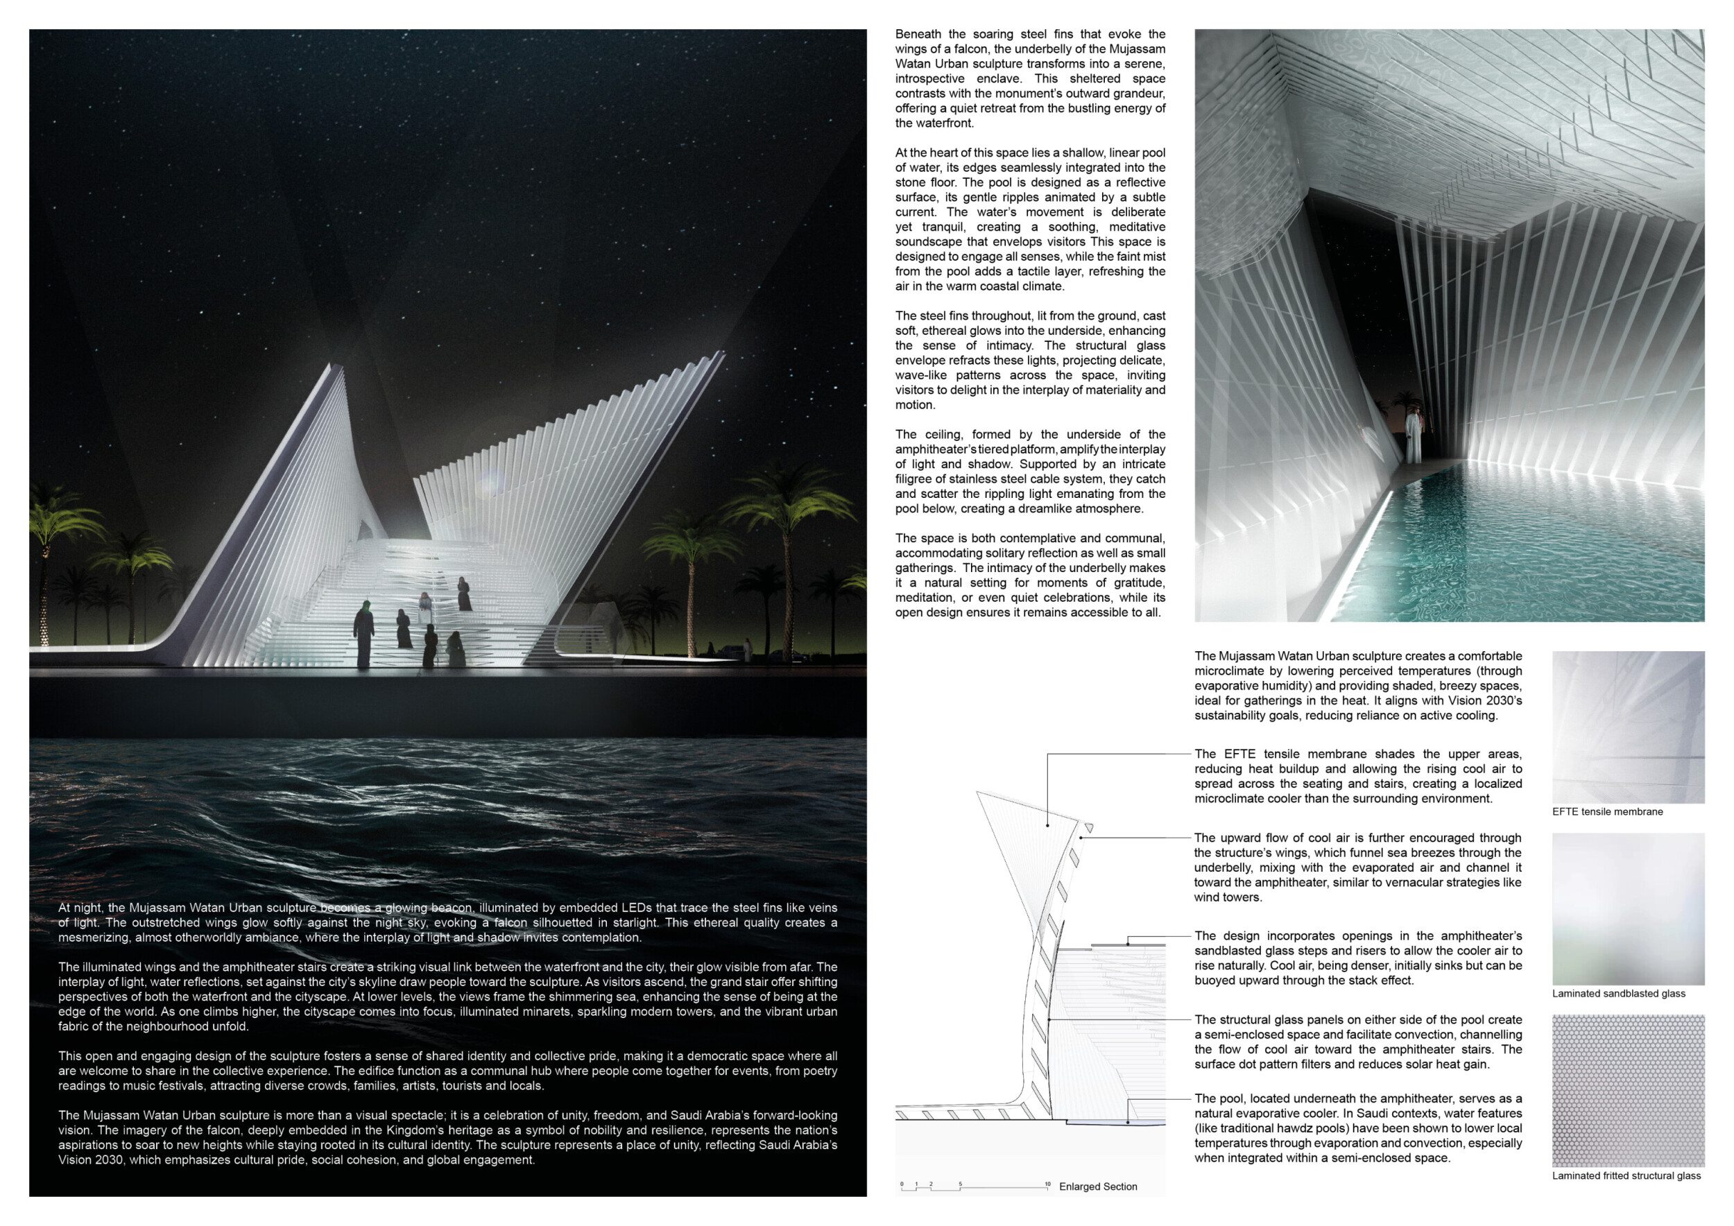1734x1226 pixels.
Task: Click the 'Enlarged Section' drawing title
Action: pyautogui.click(x=1097, y=1186)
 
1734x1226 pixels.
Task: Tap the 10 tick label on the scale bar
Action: pyautogui.click(x=1047, y=1183)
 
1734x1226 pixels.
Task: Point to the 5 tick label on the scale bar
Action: pyautogui.click(x=960, y=1183)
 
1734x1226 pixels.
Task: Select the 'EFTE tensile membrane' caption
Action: pyautogui.click(x=1607, y=811)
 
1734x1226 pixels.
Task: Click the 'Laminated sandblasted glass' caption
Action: pyautogui.click(x=1618, y=994)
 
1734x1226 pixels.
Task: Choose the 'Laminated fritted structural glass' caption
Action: pyautogui.click(x=1626, y=1175)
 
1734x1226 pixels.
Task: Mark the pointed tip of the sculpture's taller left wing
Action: pyautogui.click(x=332, y=366)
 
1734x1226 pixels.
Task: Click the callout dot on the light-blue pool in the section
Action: pyautogui.click(x=1128, y=1122)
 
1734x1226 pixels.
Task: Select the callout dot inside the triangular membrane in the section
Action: pyautogui.click(x=1047, y=825)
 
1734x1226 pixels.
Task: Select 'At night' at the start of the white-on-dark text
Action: pyautogui.click(x=79, y=908)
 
